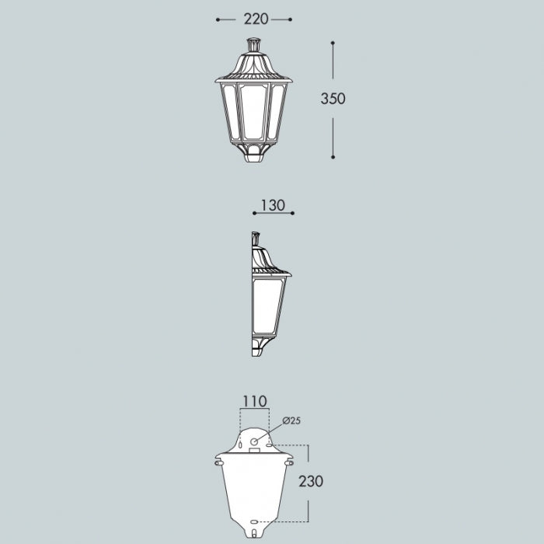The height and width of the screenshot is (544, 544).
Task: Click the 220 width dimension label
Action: pos(256,19)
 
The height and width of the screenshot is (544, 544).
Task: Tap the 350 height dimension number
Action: pos(333,99)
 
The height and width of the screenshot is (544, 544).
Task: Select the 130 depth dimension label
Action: pos(273,205)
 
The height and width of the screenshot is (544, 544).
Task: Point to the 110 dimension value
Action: pos(255,402)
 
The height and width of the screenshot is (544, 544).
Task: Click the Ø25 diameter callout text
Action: pos(291,421)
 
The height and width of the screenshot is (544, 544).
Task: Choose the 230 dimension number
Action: pos(311,481)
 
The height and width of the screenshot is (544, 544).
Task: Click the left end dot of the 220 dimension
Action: pos(218,19)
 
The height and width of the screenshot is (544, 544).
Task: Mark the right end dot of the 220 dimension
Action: pos(291,19)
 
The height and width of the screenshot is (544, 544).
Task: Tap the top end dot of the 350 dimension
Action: pos(333,43)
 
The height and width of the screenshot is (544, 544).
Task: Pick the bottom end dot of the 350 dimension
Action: pos(333,157)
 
